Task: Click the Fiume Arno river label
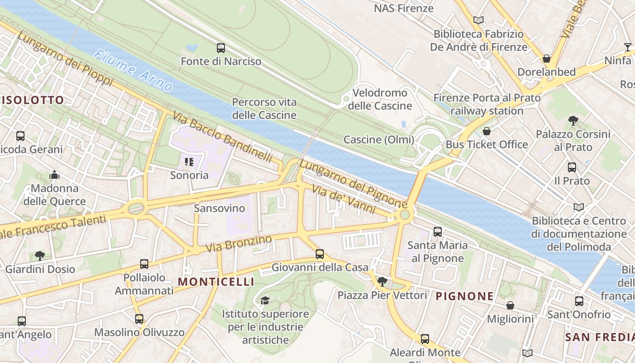(x=133, y=71)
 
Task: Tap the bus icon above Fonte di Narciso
(x=221, y=48)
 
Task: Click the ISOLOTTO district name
(x=33, y=100)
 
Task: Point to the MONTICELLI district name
(x=216, y=282)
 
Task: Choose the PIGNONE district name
(x=464, y=296)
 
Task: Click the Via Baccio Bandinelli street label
(x=222, y=137)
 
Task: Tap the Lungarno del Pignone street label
(x=352, y=184)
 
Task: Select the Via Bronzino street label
(x=239, y=244)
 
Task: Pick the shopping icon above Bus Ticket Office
(x=487, y=132)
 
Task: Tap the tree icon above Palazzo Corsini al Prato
(x=573, y=121)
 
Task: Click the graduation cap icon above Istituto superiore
(x=265, y=300)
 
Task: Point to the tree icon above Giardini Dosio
(x=40, y=255)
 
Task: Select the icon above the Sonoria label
(x=189, y=162)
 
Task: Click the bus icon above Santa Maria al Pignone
(x=437, y=232)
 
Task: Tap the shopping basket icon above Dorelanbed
(x=547, y=59)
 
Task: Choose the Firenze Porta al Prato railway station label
(x=487, y=104)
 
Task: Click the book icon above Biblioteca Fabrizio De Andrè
(x=478, y=20)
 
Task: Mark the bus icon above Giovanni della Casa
(x=320, y=254)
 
